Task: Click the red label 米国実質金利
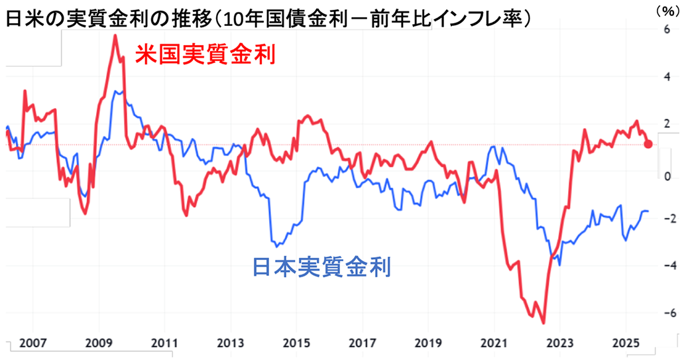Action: point(205,54)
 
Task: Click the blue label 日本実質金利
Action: point(323,267)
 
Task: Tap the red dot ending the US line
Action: point(648,144)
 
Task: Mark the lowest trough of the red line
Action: point(543,323)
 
